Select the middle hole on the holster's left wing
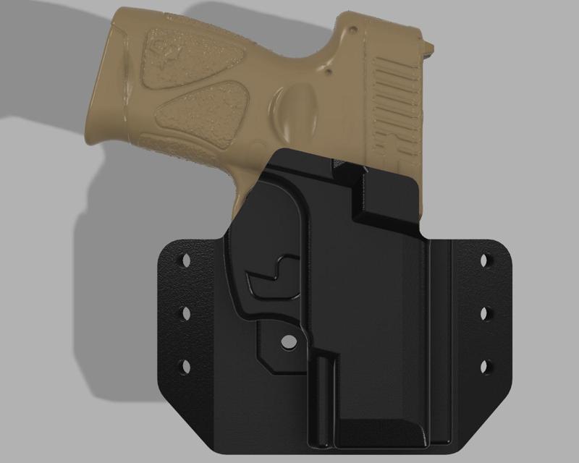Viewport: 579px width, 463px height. point(183,313)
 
